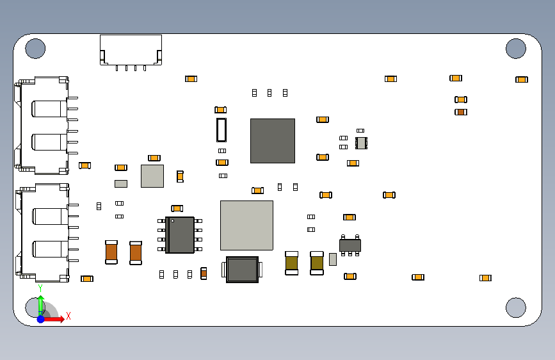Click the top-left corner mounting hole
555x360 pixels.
point(35,48)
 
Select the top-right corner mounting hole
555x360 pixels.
point(515,48)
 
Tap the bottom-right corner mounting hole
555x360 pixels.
point(515,307)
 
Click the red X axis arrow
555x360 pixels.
point(56,318)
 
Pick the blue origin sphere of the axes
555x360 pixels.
point(40,318)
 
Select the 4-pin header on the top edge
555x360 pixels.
point(131,50)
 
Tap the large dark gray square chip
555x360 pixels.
point(273,140)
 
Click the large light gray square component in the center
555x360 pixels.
point(246,225)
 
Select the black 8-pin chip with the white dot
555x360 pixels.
point(180,234)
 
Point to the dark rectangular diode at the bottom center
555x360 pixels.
point(243,270)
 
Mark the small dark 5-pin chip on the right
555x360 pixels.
point(350,245)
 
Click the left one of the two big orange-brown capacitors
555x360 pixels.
point(111,252)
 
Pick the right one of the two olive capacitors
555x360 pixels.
point(317,263)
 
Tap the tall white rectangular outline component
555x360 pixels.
point(221,130)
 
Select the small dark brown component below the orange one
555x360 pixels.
point(461,112)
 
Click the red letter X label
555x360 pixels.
point(68,316)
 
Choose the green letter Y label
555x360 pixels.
point(40,288)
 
